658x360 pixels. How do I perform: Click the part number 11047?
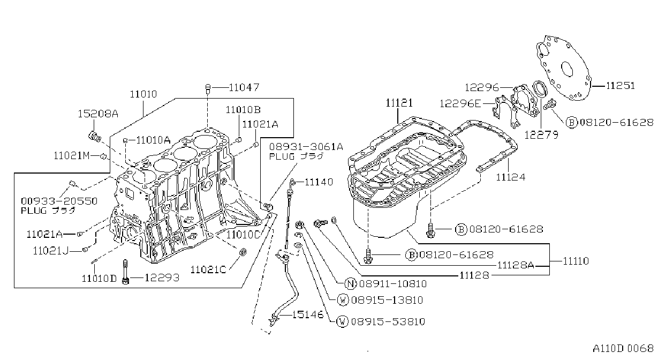(x=244, y=87)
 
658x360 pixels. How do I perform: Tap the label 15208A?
(x=98, y=114)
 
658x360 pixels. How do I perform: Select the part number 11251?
(x=621, y=86)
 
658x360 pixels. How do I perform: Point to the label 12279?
(x=541, y=135)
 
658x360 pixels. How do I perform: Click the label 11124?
(x=511, y=177)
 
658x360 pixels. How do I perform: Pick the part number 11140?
(x=319, y=182)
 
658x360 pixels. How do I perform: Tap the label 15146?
(x=308, y=314)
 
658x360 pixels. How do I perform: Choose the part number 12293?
(x=162, y=277)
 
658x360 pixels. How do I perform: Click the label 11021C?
(x=208, y=269)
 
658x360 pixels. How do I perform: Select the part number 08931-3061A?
(x=306, y=146)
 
